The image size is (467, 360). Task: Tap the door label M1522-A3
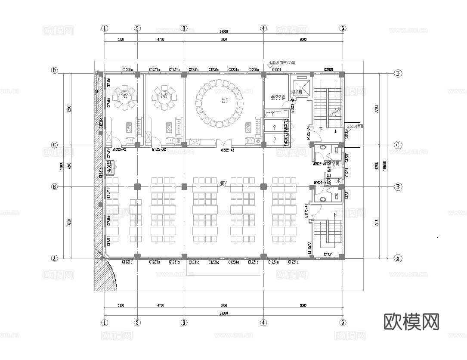pyautogui.click(x=227, y=150)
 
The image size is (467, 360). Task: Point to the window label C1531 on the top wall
pyautogui.click(x=276, y=69)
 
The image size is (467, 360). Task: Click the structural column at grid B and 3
pyautogui.click(x=184, y=186)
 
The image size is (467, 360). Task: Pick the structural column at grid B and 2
pyautogui.click(x=137, y=186)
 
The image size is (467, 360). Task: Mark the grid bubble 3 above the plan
pyautogui.click(x=184, y=28)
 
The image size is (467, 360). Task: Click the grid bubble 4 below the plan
pyautogui.click(x=263, y=323)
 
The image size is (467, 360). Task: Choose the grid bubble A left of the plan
pyautogui.click(x=55, y=258)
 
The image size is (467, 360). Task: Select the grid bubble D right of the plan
pyautogui.click(x=398, y=74)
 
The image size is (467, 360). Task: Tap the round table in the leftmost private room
pyautogui.click(x=125, y=97)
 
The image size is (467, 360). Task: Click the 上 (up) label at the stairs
pyautogui.click(x=335, y=132)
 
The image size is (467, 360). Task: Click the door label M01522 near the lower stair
pyautogui.click(x=309, y=248)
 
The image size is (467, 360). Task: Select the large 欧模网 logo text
pyautogui.click(x=411, y=321)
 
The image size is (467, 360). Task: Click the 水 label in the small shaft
pyautogui.click(x=338, y=181)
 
